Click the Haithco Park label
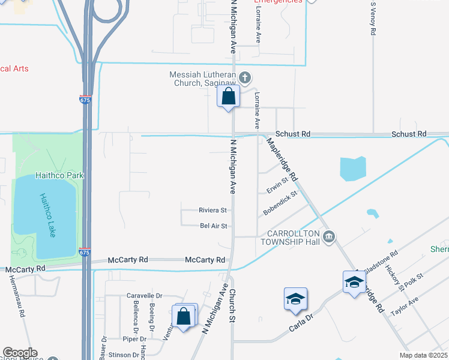click(59, 175)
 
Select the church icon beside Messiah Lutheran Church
click(245, 77)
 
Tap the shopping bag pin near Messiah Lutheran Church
click(228, 97)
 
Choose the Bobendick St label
click(280, 204)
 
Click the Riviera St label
click(212, 211)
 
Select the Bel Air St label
click(213, 226)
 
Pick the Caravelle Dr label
click(145, 296)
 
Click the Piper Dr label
click(134, 339)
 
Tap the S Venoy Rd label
click(373, 20)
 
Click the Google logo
click(20, 353)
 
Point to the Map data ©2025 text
click(423, 355)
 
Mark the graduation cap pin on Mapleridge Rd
click(354, 281)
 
